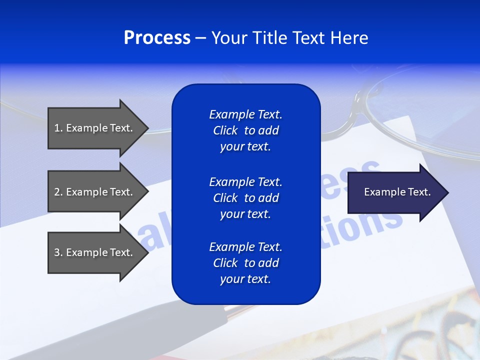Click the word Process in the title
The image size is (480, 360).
tap(157, 38)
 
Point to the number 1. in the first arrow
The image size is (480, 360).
tap(58, 128)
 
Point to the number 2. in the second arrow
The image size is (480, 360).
tap(58, 192)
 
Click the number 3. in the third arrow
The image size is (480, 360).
tap(58, 252)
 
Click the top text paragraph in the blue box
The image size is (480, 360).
tap(245, 130)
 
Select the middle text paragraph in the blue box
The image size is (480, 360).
tap(245, 198)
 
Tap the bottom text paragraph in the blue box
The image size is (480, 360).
tap(245, 263)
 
